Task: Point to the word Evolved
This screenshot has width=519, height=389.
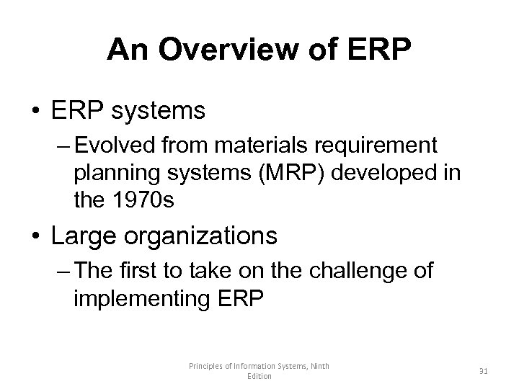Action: pos(116,146)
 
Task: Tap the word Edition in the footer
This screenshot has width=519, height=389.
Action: pos(259,377)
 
